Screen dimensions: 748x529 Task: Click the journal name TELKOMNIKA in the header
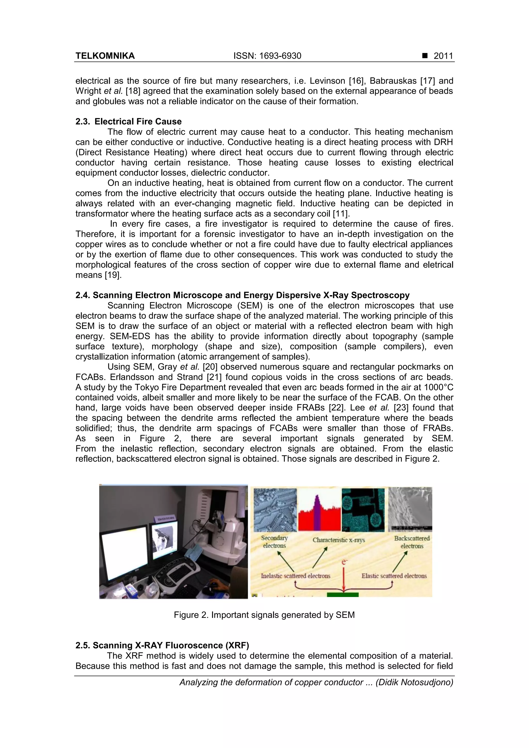[105, 56]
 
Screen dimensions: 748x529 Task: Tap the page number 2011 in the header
[443, 56]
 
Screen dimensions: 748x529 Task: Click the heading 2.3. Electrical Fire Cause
[128, 122]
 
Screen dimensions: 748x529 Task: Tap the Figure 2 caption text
[264, 615]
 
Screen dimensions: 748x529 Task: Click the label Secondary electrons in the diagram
[274, 542]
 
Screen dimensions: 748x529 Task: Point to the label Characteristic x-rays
[338, 540]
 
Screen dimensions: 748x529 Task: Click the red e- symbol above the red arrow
[344, 562]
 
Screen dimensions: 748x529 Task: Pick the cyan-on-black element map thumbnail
[363, 510]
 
